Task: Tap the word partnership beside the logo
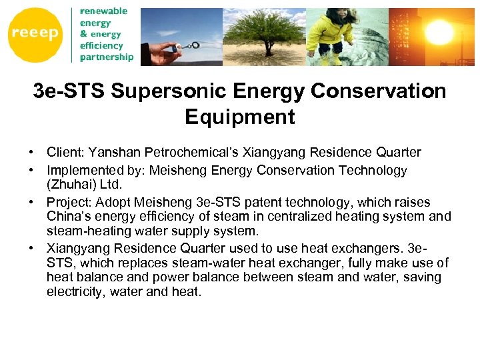(x=106, y=57)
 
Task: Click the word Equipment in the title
(x=239, y=117)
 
